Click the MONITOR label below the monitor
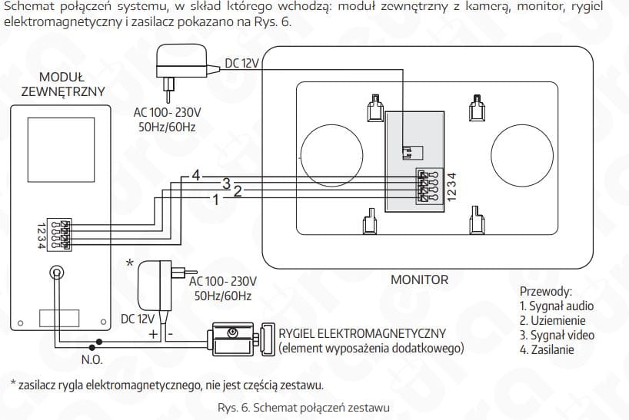[x=419, y=279]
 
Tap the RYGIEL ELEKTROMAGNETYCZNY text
[x=363, y=333]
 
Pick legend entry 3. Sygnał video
[x=557, y=335]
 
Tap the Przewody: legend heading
[x=546, y=292]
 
